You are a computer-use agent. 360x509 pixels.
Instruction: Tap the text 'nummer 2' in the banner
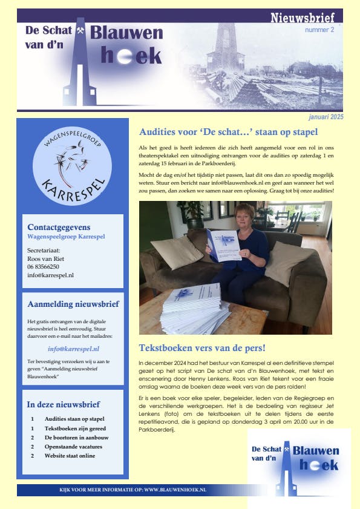click(x=319, y=30)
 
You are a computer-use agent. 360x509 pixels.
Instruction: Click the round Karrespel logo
click(x=72, y=164)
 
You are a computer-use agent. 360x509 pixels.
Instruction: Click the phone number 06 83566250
click(x=44, y=266)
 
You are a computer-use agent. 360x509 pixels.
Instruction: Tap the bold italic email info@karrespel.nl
click(x=73, y=349)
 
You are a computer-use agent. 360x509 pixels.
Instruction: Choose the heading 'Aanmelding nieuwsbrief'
click(x=73, y=304)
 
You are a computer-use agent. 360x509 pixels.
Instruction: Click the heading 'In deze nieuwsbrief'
click(x=64, y=404)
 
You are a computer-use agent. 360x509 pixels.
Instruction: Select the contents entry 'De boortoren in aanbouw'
click(x=76, y=437)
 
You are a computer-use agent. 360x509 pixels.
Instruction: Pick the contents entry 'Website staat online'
click(x=70, y=455)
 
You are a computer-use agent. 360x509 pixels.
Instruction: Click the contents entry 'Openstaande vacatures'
click(x=73, y=446)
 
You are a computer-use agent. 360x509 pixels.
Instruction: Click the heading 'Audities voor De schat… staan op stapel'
click(x=228, y=132)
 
